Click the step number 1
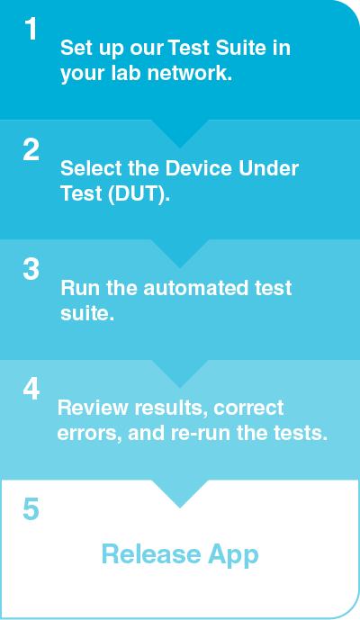pyautogui.click(x=31, y=30)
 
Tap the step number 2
pyautogui.click(x=31, y=150)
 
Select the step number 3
pyautogui.click(x=31, y=270)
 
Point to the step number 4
pyautogui.click(x=31, y=390)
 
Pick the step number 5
pyautogui.click(x=31, y=510)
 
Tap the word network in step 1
pyautogui.click(x=188, y=75)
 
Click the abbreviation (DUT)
pyautogui.click(x=137, y=194)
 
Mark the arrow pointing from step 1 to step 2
pyautogui.click(x=180, y=132)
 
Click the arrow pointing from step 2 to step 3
pyautogui.click(x=180, y=253)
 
